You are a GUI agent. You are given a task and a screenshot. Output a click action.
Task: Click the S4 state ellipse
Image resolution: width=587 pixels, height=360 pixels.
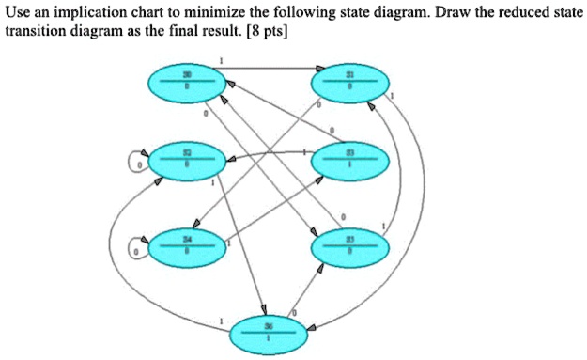coord(186,248)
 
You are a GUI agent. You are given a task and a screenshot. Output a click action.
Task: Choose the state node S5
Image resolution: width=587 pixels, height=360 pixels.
coord(349,247)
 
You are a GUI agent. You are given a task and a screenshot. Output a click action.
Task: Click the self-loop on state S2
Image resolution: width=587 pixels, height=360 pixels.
coord(137,164)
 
